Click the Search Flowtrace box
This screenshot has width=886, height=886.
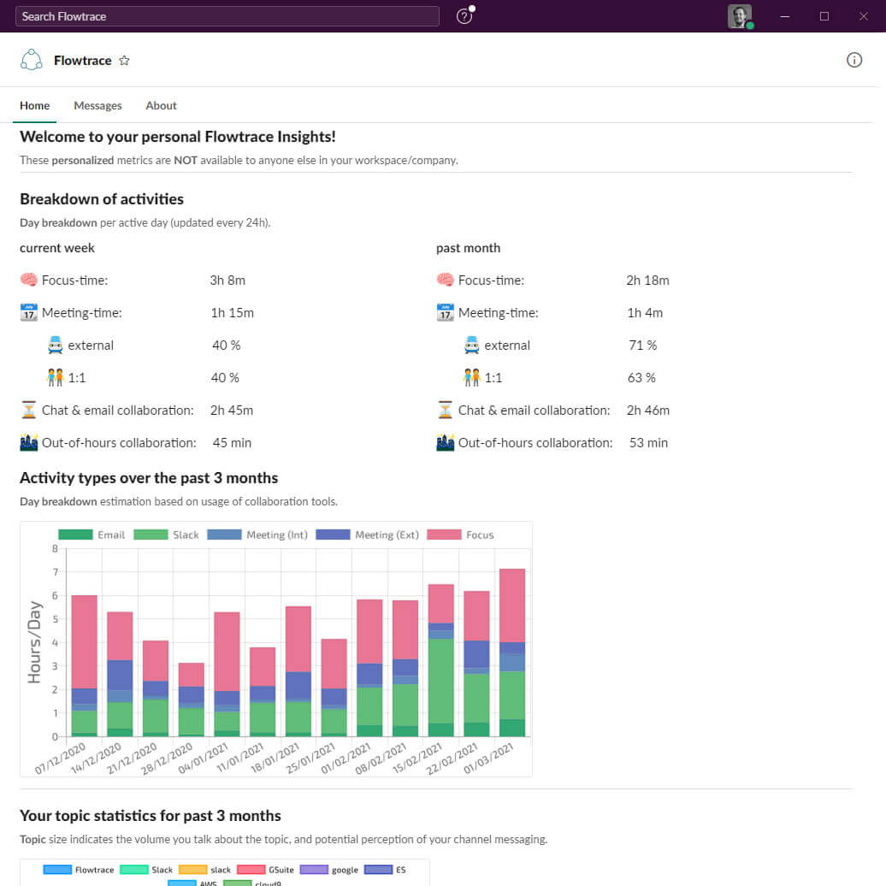[x=227, y=16]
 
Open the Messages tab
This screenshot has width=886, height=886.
[x=97, y=106]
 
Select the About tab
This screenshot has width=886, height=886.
[x=161, y=106]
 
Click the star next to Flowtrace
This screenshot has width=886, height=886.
[x=124, y=61]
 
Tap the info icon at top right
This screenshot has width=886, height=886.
[x=854, y=60]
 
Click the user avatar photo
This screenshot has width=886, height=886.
[x=739, y=16]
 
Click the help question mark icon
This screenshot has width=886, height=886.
[x=464, y=16]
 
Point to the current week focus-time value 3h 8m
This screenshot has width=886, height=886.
[x=227, y=281]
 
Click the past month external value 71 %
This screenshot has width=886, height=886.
[x=642, y=346]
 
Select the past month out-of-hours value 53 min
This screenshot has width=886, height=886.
[x=648, y=443]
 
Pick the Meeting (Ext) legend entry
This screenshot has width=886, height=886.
[x=368, y=535]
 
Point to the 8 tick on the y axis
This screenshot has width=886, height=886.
[x=55, y=549]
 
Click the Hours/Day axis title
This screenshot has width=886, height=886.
[x=34, y=642]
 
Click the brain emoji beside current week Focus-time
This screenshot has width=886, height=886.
[x=29, y=281]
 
